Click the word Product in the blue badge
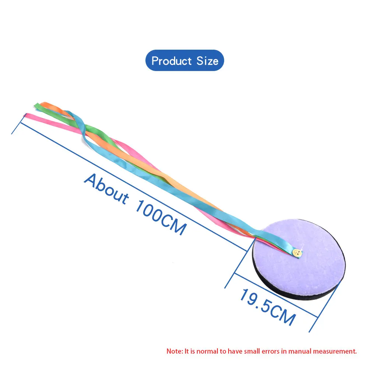(171, 61)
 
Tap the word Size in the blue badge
(207, 61)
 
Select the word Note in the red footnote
(174, 351)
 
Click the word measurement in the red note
(337, 351)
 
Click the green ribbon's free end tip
(36, 106)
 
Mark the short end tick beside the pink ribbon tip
(17, 127)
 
